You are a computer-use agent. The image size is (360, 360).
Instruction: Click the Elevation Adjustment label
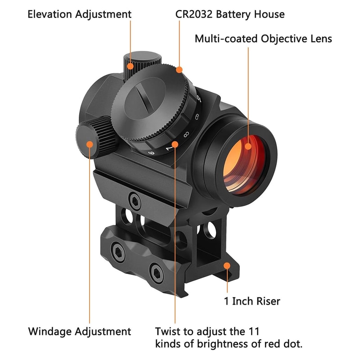pyautogui.click(x=79, y=14)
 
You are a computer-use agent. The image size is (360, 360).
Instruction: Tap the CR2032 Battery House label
pyautogui.click(x=230, y=14)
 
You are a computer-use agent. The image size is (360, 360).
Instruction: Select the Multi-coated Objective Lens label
pyautogui.click(x=263, y=39)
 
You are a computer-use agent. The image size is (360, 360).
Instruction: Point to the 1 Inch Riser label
pyautogui.click(x=252, y=301)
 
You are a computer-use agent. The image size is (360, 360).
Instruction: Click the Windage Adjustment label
pyautogui.click(x=80, y=332)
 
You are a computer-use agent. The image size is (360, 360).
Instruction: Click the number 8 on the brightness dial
pyautogui.click(x=186, y=134)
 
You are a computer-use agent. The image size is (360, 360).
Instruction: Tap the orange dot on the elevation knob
pyautogui.click(x=130, y=66)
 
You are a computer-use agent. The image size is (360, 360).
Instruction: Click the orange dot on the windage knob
pyautogui.click(x=89, y=144)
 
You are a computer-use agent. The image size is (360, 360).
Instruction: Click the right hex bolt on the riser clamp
pyautogui.click(x=156, y=272)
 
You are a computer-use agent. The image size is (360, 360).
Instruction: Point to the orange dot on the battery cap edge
pyautogui.click(x=179, y=70)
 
